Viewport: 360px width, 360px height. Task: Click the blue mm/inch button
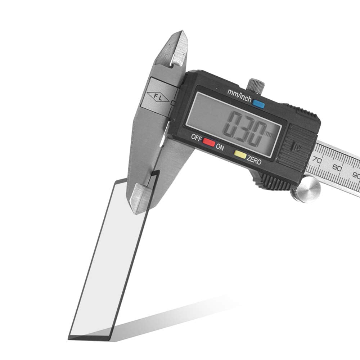(x=259, y=104)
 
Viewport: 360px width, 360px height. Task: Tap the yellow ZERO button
(x=240, y=154)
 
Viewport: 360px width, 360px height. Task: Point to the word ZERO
(x=254, y=160)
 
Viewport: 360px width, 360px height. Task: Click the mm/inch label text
(x=239, y=95)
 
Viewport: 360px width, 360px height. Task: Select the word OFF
(x=197, y=138)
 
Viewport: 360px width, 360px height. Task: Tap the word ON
(x=220, y=147)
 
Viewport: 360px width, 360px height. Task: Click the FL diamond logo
(x=158, y=98)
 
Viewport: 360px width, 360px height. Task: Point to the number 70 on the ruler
(x=317, y=160)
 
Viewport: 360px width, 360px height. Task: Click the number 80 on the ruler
(x=337, y=168)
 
